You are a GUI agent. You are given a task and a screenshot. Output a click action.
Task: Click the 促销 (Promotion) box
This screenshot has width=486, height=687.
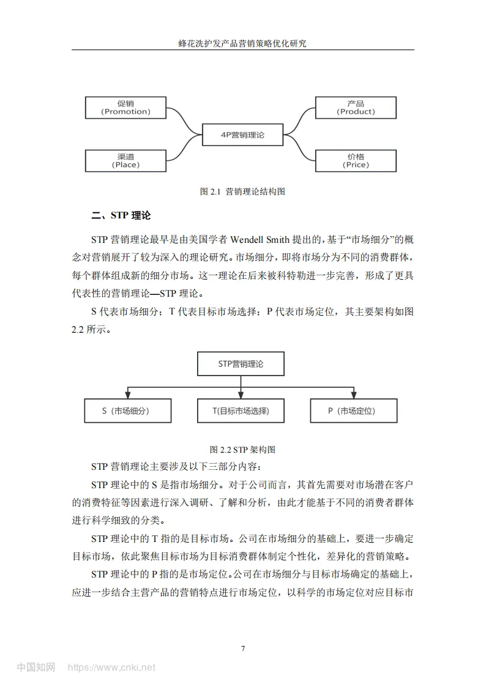coord(125,108)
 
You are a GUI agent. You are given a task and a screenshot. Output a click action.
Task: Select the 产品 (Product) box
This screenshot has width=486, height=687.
coord(356,108)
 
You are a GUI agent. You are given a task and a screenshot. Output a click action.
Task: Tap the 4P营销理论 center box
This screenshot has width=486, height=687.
coord(242,135)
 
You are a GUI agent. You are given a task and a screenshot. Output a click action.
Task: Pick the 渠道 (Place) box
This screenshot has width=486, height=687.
coord(125,160)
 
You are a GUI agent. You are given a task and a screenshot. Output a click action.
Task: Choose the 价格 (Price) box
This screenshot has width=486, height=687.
coord(356,160)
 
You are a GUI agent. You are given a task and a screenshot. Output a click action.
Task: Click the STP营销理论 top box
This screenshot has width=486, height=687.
coord(241,363)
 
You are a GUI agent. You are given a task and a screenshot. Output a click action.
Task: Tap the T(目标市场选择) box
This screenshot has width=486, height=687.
coord(241,411)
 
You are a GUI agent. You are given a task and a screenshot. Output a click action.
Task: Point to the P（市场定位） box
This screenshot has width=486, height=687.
coord(354,411)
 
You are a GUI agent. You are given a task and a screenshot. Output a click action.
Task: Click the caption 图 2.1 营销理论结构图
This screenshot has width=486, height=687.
coord(243,191)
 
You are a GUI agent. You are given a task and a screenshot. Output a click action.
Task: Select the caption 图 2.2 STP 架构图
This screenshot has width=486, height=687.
coord(242,450)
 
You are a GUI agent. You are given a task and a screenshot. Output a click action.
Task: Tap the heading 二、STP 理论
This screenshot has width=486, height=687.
coord(121,215)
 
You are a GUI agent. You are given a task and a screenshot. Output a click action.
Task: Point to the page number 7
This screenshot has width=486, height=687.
coord(243,648)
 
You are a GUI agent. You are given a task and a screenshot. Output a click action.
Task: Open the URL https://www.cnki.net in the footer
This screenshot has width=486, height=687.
coord(111,667)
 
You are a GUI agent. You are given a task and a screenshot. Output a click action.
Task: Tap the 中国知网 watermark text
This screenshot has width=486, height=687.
coord(36,667)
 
